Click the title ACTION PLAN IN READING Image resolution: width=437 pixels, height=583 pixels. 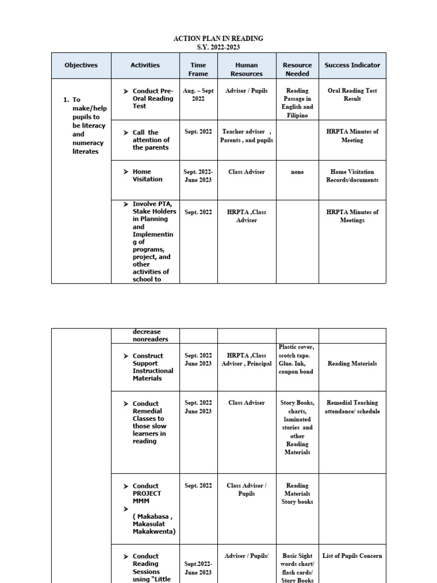[218, 39]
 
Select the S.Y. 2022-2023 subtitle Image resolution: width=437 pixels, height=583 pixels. [218, 47]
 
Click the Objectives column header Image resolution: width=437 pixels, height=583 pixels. [81, 65]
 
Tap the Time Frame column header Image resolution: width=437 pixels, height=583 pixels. [198, 69]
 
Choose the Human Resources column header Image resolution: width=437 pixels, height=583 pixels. [246, 69]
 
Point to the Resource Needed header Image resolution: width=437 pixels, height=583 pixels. [297, 69]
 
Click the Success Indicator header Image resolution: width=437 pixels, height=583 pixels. [352, 65]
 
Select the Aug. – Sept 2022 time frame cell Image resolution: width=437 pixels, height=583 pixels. [198, 95]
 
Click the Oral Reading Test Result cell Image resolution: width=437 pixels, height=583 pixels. [352, 95]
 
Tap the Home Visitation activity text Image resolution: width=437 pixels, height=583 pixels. [147, 175]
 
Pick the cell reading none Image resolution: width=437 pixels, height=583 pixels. [297, 172]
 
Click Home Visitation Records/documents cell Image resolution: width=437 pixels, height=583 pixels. [352, 176]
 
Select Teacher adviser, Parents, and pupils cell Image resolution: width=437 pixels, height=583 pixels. [246, 136]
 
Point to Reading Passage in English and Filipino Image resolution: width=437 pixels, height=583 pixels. [297, 102]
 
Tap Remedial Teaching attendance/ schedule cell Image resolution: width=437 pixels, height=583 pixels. [352, 407]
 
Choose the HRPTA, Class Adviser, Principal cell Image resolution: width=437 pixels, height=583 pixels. [246, 359]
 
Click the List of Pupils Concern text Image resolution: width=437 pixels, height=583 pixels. [352, 556]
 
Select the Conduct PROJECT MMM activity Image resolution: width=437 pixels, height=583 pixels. [147, 494]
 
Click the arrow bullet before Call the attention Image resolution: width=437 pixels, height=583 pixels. [126, 133]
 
